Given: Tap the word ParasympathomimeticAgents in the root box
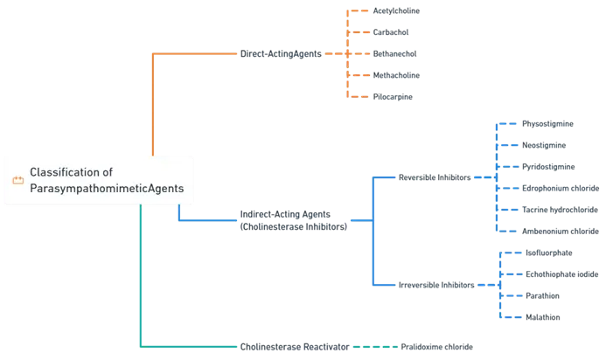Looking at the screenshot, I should tap(107, 189).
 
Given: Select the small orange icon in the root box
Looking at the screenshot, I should tap(17, 181).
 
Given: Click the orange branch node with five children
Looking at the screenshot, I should tap(279, 54).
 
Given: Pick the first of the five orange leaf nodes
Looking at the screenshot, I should tap(394, 11).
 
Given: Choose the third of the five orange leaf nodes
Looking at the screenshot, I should tap(394, 54).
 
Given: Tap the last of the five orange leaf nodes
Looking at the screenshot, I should tap(391, 96).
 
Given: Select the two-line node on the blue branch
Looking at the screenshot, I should tap(293, 221).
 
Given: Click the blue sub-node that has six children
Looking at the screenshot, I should tap(435, 177).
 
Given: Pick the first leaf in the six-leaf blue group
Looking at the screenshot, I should tap(546, 126).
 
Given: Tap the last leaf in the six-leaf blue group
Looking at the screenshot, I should tap(557, 231).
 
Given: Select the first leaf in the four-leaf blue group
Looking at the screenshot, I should tap(546, 252).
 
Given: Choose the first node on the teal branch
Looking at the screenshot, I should tap(293, 347).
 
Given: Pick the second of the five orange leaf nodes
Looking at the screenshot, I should tap(391, 33).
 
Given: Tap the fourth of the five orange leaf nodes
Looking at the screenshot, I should tap(394, 75).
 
